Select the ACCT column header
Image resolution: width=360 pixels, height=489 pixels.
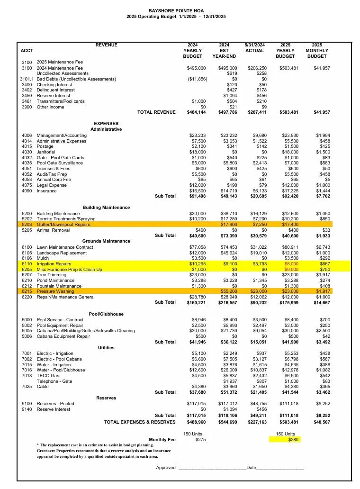click(27, 51)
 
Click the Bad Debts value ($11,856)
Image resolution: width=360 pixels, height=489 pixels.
click(197, 79)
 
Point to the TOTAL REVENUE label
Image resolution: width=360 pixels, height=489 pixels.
click(156, 112)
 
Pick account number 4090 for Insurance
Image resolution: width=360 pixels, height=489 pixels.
click(27, 191)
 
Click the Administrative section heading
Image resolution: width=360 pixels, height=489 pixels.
click(106, 129)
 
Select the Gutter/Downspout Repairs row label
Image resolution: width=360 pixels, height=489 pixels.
click(63, 225)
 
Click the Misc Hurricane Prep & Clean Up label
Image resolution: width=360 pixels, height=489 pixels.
click(69, 270)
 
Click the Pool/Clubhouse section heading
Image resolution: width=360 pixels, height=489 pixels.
click(106, 314)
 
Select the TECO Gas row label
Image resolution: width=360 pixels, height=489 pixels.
click(48, 376)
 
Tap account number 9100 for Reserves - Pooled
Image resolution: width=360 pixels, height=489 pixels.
click(27, 404)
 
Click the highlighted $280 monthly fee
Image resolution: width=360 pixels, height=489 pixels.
click(294, 440)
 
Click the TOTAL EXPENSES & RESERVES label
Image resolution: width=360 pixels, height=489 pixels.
click(140, 422)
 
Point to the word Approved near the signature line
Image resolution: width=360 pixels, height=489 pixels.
click(166, 468)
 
